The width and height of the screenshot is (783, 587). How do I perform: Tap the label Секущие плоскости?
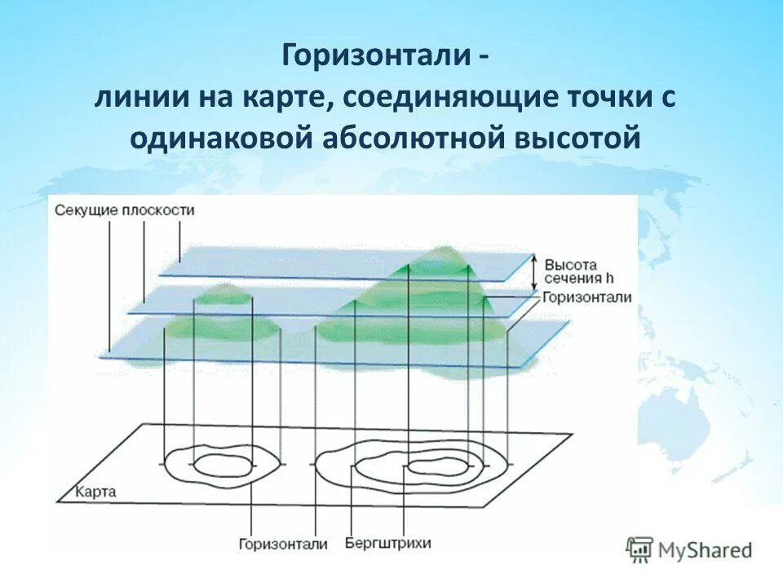pos(125,210)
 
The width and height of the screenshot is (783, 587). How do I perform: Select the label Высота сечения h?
pos(571,271)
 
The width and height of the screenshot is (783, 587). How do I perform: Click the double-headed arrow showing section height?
pos(535,271)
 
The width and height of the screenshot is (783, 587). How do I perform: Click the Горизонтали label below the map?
pos(283,544)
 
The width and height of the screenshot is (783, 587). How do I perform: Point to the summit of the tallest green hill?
pos(441,249)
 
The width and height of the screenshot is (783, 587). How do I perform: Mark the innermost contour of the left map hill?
pos(222,466)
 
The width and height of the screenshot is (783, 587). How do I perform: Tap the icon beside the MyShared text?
pos(640,550)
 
